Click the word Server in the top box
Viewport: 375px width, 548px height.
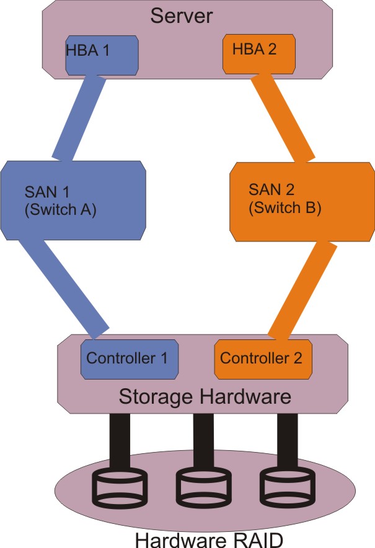point(182,15)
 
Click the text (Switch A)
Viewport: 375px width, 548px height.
point(60,209)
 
